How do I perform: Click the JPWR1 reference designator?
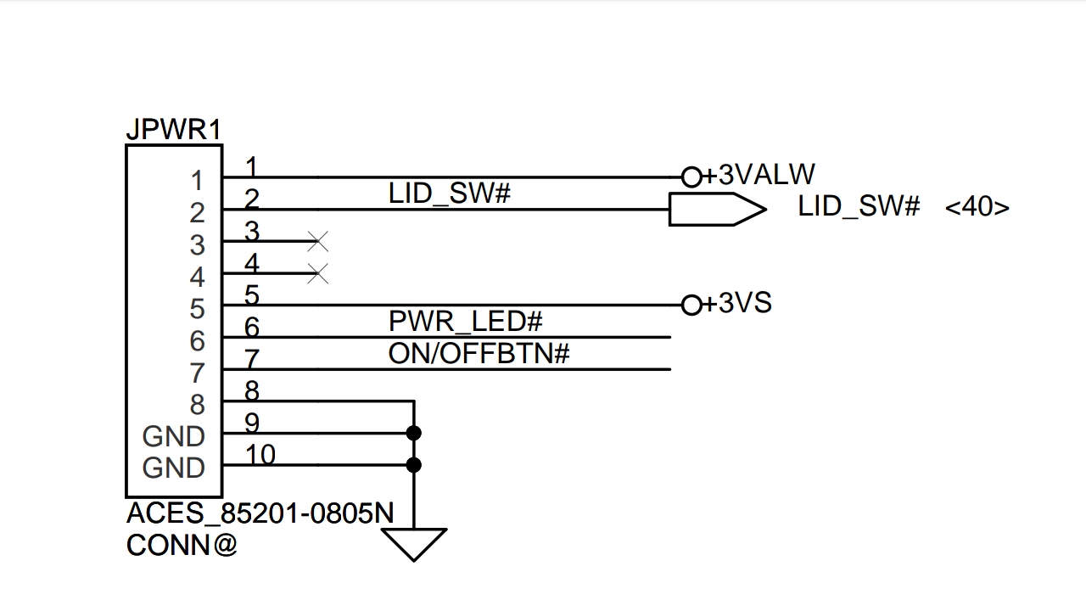coord(173,130)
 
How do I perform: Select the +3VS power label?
coord(745,303)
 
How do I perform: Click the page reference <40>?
coord(977,207)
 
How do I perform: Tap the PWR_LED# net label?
coord(465,322)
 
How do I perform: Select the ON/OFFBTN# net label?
coord(479,353)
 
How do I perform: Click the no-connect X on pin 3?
coord(317,242)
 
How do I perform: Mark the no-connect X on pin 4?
coord(317,273)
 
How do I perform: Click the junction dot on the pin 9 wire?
coord(413,433)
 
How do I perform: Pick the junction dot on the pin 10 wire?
coord(413,465)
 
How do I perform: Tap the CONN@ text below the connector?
coord(182,545)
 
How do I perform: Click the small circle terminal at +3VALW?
coord(691,177)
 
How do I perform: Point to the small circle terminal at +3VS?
coord(691,305)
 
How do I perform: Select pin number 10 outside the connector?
coord(260,455)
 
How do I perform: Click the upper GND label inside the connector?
coord(174,436)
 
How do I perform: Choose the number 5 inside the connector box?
coord(197,309)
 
